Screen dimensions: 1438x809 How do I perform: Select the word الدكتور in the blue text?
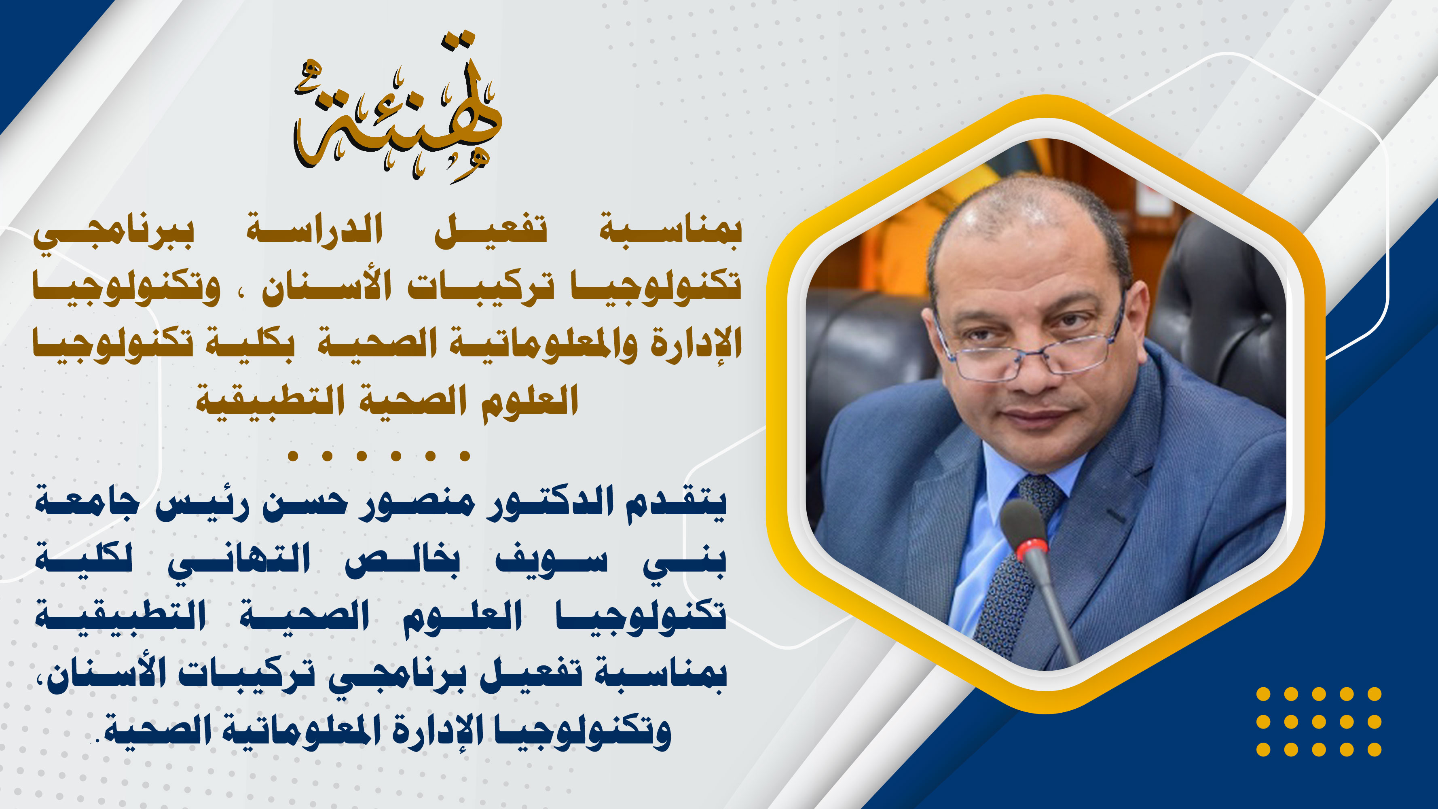[550, 502]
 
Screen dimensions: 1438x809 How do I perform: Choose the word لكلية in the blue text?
[84, 558]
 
